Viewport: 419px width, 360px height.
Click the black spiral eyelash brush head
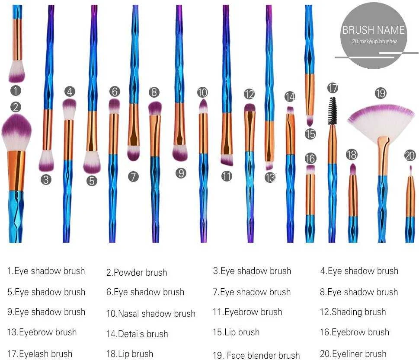(x=332, y=111)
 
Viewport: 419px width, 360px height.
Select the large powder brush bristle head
(x=16, y=133)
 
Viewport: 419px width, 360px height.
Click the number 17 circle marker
(x=333, y=88)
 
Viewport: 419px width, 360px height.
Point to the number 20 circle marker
(x=410, y=156)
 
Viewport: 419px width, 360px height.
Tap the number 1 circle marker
(x=16, y=90)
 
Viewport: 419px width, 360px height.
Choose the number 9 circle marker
(x=181, y=173)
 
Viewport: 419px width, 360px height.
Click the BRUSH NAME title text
(x=373, y=30)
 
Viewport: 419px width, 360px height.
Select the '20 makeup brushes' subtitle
(x=374, y=41)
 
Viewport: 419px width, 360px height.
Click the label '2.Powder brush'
(x=137, y=272)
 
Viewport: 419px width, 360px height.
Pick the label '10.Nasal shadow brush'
(x=151, y=313)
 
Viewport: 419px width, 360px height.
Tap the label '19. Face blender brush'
(x=256, y=355)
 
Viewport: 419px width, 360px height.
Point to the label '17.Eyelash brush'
(x=40, y=354)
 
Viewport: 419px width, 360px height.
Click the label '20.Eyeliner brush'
(x=353, y=354)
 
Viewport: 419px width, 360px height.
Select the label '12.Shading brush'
(x=353, y=312)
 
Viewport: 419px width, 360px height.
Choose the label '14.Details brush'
(x=137, y=334)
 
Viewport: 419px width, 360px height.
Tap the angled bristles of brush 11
(x=227, y=160)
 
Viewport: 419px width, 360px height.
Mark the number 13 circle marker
(x=270, y=177)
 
